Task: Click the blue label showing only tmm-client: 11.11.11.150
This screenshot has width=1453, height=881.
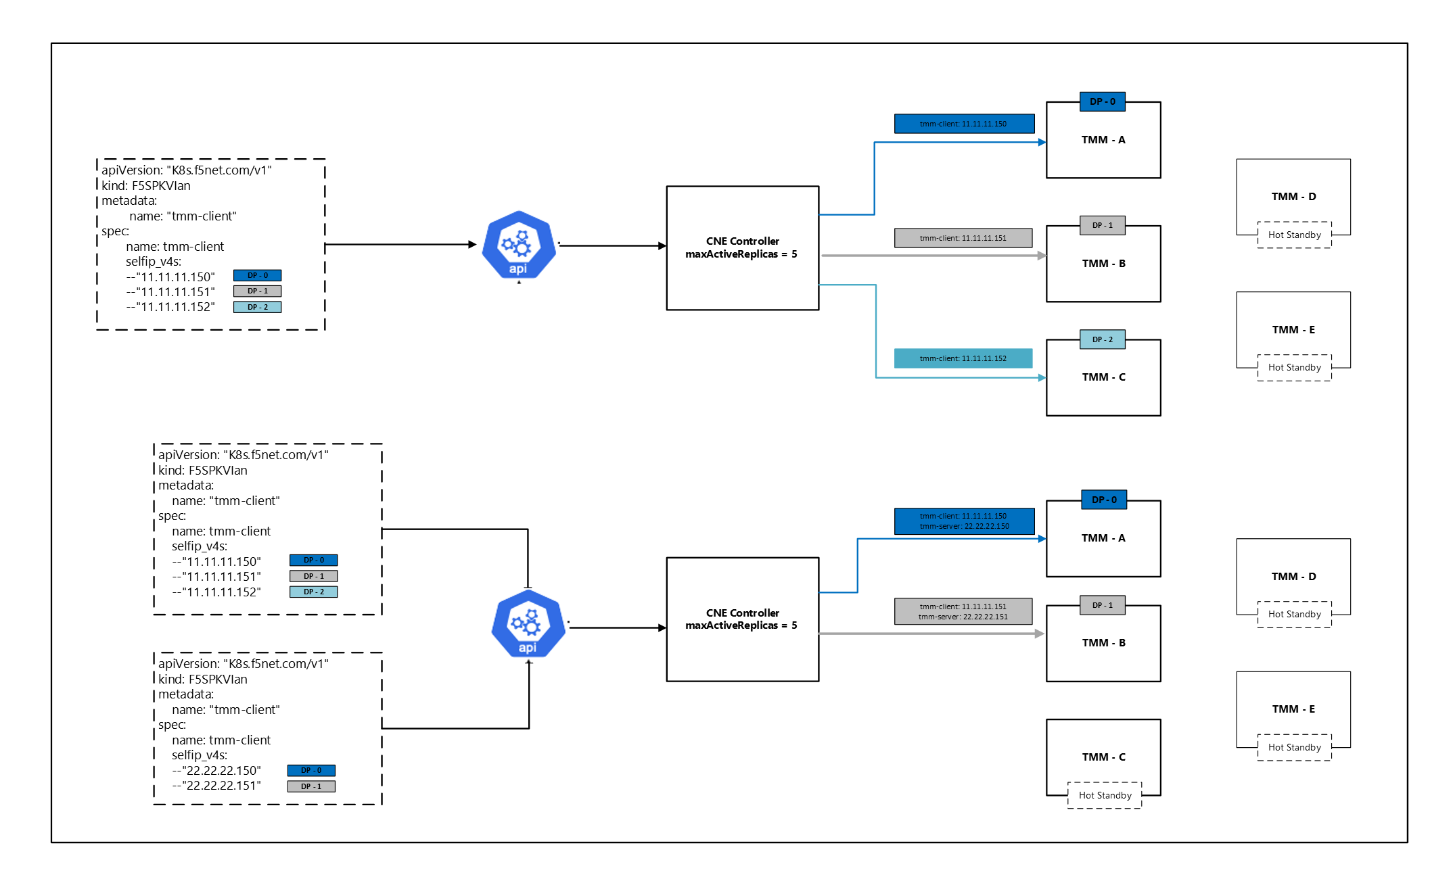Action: point(964,124)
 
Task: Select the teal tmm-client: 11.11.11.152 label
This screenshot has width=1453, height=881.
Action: point(963,358)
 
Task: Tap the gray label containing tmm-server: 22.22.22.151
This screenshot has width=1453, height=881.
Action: point(963,611)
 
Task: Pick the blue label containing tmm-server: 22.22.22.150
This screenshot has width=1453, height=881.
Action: point(964,521)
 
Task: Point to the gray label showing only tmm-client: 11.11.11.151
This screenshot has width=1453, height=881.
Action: point(963,238)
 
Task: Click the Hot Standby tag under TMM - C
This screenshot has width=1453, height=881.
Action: point(1105,795)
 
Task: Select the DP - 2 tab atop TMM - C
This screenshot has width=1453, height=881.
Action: point(1103,339)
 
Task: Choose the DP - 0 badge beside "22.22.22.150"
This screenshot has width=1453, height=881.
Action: point(311,770)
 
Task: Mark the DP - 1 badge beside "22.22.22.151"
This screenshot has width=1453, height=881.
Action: point(311,786)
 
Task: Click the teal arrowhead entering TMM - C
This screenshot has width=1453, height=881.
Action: point(1042,377)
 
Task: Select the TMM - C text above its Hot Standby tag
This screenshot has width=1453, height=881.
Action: point(1104,757)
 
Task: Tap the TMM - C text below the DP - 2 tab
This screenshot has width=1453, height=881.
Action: point(1104,377)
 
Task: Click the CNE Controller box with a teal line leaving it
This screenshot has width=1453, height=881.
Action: point(743,248)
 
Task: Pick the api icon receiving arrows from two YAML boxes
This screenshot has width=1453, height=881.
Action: point(528,624)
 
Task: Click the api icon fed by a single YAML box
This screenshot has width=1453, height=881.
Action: point(519,245)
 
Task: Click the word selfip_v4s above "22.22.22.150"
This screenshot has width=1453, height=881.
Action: point(200,755)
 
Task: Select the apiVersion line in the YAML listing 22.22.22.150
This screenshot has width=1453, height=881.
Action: point(244,664)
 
